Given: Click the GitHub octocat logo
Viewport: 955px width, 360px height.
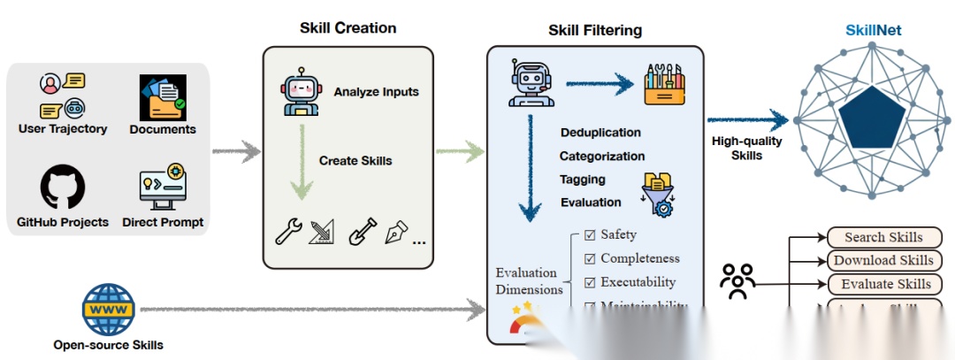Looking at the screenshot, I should tap(62, 188).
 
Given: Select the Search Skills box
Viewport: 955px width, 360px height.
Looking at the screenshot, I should tap(883, 237).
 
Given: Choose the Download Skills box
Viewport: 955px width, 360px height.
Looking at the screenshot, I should tap(883, 260).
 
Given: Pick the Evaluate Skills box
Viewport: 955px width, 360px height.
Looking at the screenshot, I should tap(883, 284).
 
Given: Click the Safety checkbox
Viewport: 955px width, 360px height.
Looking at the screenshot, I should tap(590, 235).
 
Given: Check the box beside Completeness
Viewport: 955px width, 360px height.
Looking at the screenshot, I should tap(590, 259).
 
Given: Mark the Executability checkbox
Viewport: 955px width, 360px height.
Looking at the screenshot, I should tap(590, 283).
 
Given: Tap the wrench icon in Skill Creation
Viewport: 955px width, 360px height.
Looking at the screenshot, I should tap(288, 233).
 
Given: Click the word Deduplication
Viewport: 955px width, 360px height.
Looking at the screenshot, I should tap(600, 133).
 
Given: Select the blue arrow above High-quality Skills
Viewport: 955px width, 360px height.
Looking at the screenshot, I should tap(747, 120).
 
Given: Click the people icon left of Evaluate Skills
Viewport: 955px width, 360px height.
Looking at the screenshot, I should tap(737, 282).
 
